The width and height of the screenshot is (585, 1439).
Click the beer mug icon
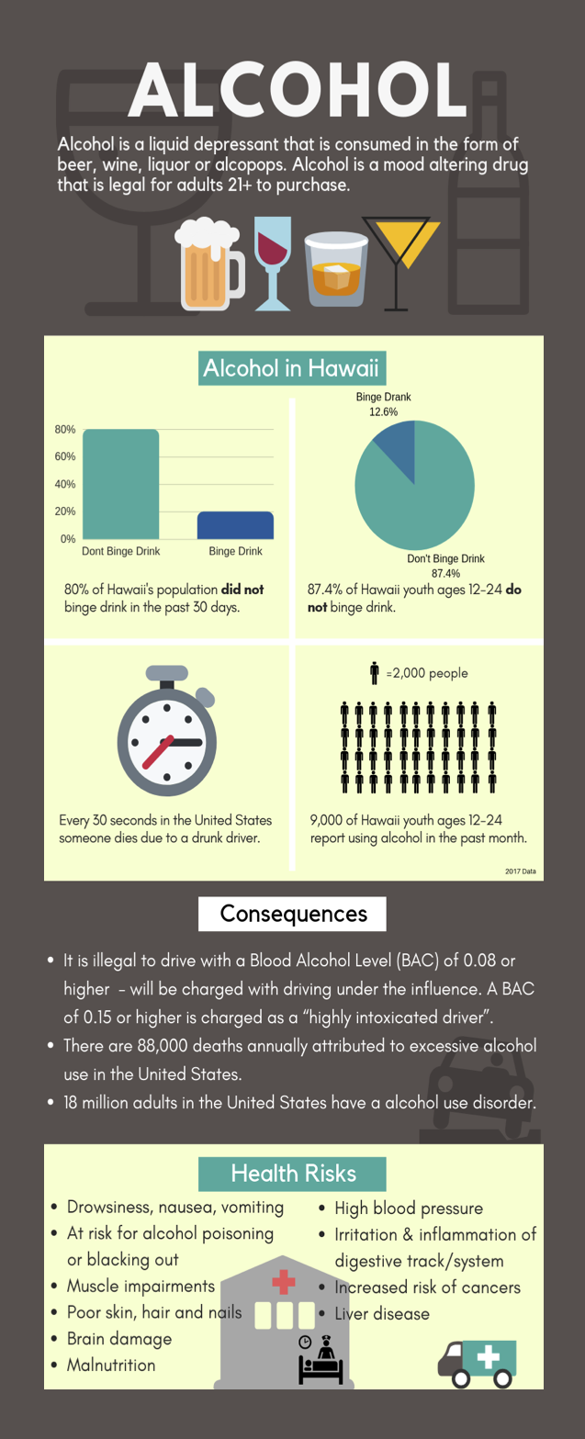tap(209, 264)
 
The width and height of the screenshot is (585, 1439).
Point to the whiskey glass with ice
tap(335, 268)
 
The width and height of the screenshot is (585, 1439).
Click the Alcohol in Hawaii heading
tap(291, 369)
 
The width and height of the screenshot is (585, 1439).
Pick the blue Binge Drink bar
tap(235, 524)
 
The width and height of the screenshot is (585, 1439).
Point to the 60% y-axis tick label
tap(65, 456)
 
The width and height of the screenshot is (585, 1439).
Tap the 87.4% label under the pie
tap(445, 573)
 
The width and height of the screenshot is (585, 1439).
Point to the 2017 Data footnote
tap(520, 871)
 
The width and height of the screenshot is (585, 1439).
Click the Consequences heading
tap(293, 914)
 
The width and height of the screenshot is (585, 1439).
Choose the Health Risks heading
tap(293, 1173)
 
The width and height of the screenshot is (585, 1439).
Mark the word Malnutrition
tap(111, 1365)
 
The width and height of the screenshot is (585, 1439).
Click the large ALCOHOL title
tap(297, 91)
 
